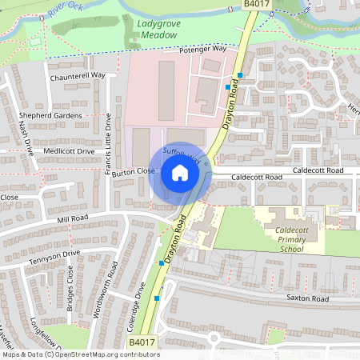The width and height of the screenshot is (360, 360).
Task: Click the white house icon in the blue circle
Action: pos(180,173)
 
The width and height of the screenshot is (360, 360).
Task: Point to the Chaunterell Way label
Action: pos(78,75)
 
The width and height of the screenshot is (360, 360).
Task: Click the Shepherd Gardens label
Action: pos(50,115)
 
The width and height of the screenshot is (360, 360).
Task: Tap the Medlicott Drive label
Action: pos(70,150)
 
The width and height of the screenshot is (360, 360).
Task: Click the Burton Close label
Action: pos(134,171)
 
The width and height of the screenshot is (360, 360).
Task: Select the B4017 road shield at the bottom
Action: pos(142,342)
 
